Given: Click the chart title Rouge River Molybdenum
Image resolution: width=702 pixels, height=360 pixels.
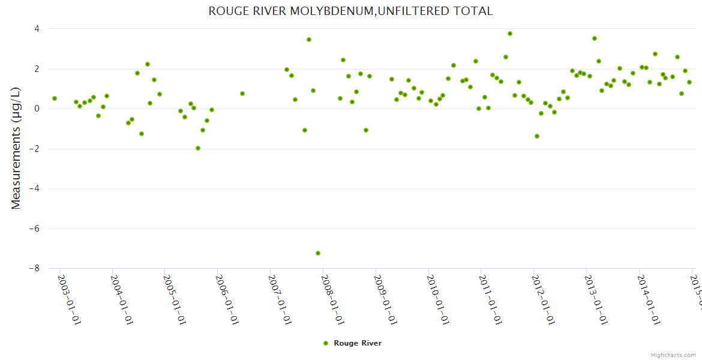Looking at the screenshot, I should point(350,11).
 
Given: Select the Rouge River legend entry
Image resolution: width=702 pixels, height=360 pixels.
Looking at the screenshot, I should point(352,343).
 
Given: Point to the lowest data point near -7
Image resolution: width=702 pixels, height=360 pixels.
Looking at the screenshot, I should point(318,253).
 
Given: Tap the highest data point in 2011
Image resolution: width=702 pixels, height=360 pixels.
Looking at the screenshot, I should point(510,34).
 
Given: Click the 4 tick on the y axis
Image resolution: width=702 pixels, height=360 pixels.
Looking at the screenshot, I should point(37,29).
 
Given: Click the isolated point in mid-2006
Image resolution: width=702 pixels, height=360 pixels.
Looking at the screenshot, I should point(242,94).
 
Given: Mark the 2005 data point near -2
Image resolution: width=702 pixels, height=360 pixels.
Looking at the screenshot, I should point(198,148).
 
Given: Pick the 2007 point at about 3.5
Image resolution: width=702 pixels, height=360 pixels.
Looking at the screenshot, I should point(309,40).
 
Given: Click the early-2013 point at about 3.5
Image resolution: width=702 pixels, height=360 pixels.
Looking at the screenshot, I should point(595,38).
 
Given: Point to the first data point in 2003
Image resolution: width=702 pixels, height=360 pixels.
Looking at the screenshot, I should point(55,98).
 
